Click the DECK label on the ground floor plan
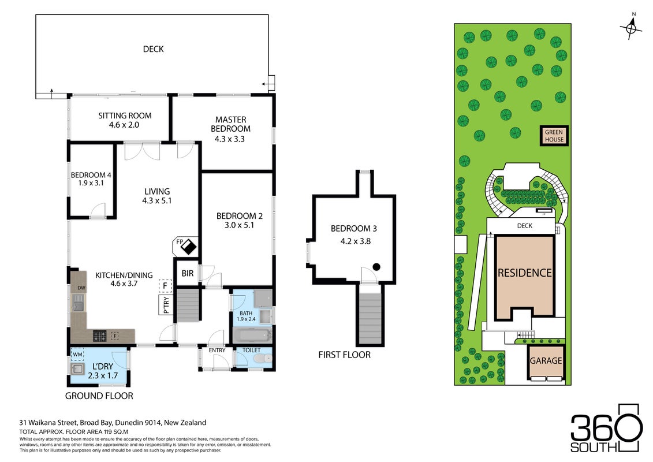(153, 49)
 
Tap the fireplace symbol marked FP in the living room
(185, 246)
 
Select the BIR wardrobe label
(188, 273)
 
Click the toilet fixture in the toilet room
(263, 359)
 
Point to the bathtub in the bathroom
(252, 335)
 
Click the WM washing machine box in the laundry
(77, 355)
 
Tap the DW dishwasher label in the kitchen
(81, 288)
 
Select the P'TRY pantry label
(166, 305)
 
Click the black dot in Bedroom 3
(376, 267)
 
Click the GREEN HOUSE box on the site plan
(554, 135)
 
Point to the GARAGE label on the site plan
(546, 361)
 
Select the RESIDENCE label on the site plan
(525, 273)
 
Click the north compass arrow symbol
(631, 27)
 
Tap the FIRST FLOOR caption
(345, 355)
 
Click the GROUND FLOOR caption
(99, 396)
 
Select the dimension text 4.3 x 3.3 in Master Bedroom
(229, 139)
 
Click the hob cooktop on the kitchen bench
(99, 336)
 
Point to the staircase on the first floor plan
(370, 318)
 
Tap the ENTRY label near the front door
(217, 351)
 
